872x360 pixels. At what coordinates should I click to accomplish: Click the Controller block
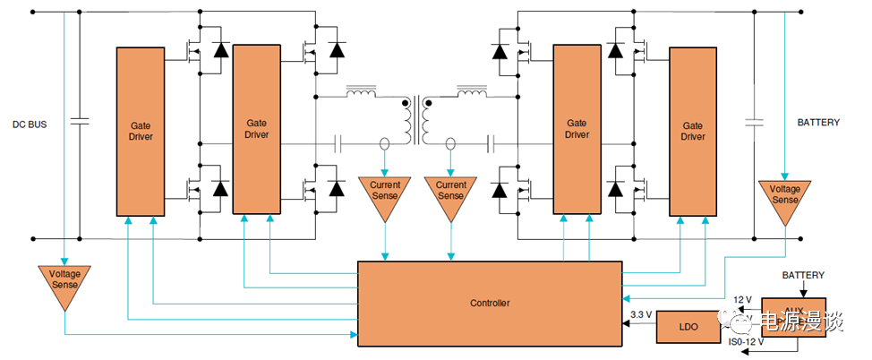tap(489, 303)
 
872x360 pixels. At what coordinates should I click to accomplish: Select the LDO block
tap(688, 327)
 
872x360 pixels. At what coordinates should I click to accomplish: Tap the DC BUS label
tap(29, 124)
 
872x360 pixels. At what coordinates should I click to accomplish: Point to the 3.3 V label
tap(639, 315)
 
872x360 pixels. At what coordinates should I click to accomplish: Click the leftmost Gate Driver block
tap(140, 131)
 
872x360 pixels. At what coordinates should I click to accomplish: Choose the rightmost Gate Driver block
tap(693, 131)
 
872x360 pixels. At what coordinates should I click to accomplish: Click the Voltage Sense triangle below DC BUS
tap(64, 285)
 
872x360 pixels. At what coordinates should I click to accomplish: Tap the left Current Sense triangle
tap(385, 195)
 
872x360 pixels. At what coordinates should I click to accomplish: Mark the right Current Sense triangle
tap(450, 195)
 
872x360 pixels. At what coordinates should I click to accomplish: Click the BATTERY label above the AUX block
tap(803, 276)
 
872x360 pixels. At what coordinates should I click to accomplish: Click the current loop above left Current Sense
tap(385, 143)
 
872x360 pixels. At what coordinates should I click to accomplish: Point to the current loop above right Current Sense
tap(450, 143)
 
